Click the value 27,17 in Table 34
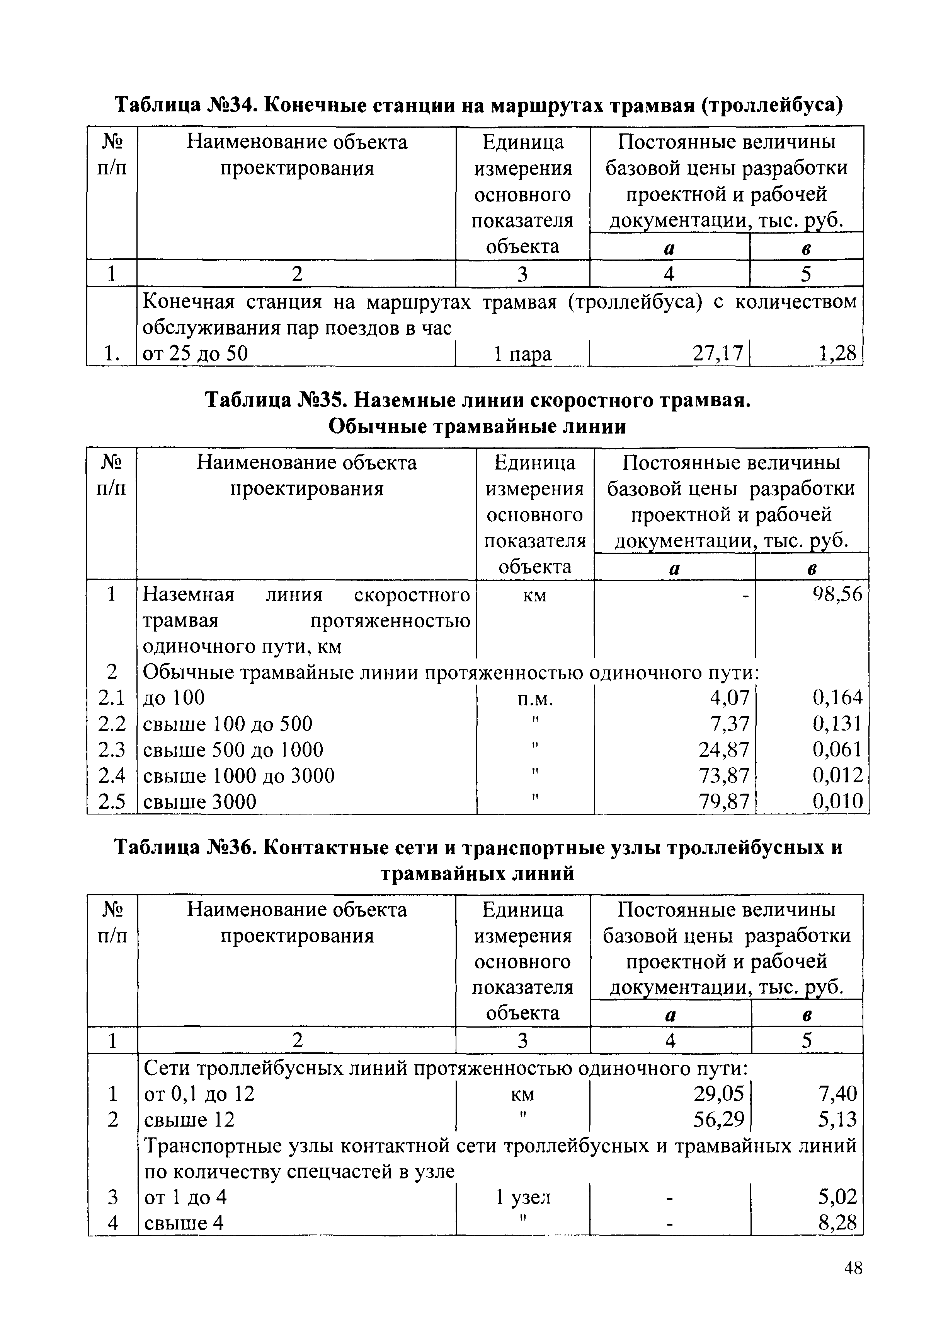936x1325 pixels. (x=717, y=353)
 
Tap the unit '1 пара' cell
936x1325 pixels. (x=522, y=353)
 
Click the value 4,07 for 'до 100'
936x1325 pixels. (x=730, y=698)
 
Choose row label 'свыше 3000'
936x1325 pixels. (x=199, y=802)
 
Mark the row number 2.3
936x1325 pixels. (x=112, y=750)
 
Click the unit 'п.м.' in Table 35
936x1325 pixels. (x=535, y=699)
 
